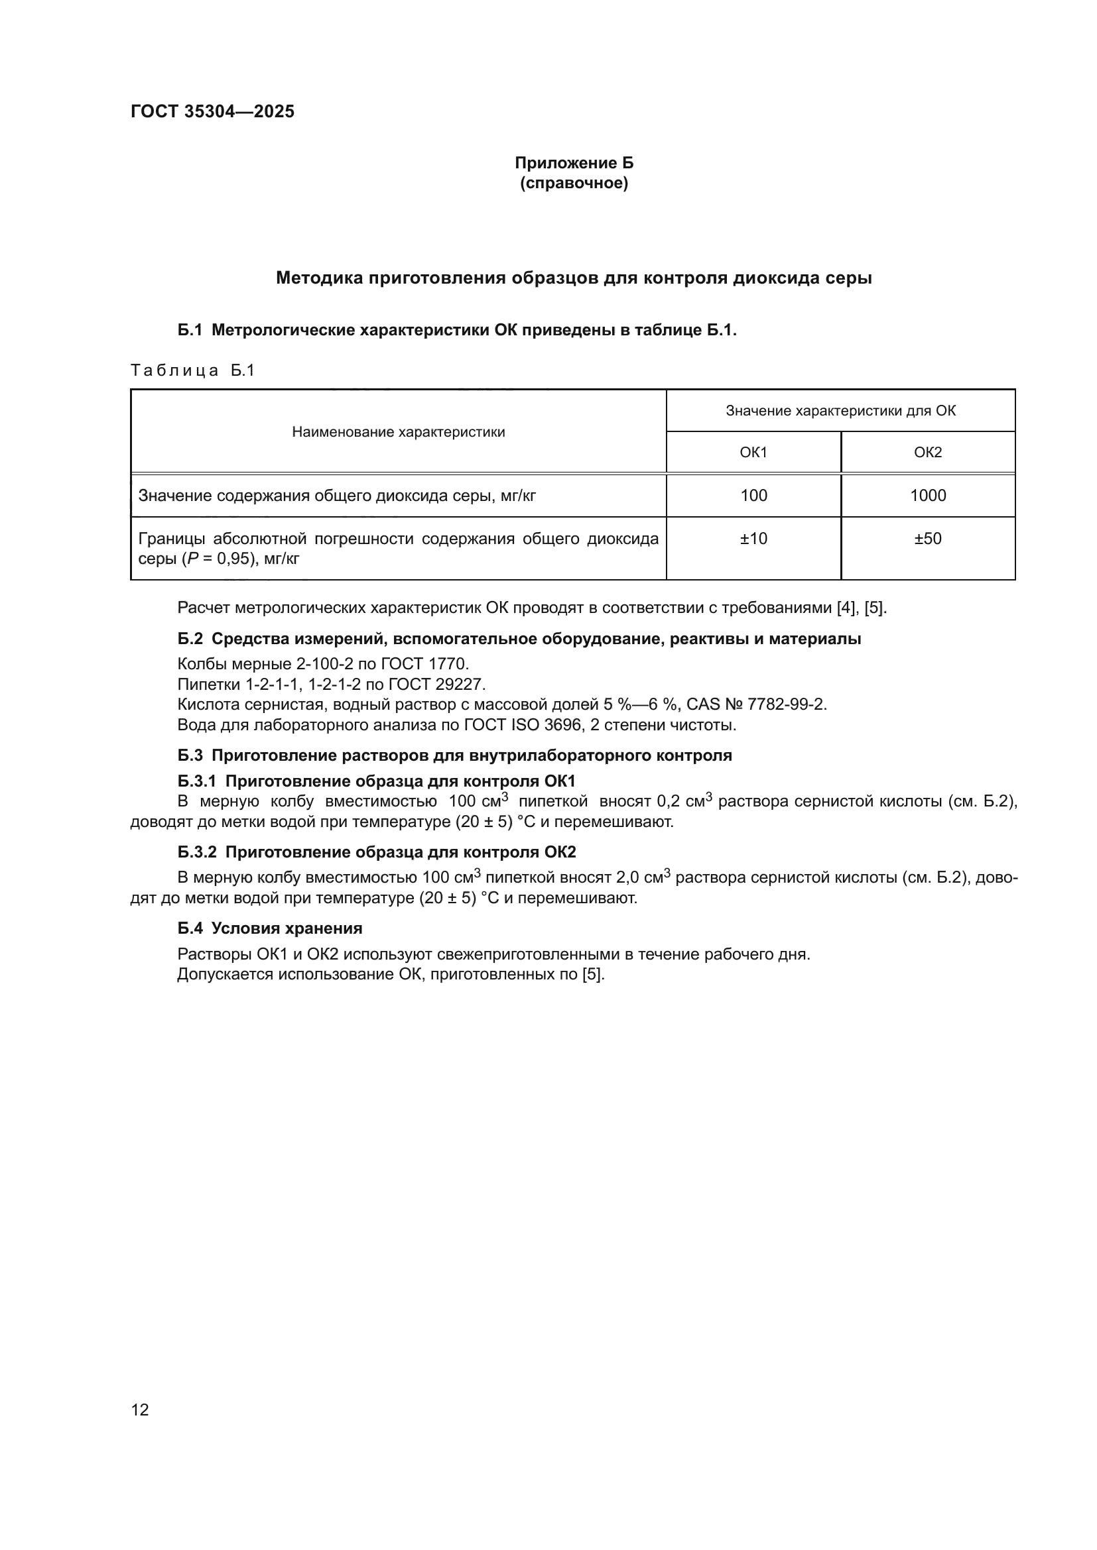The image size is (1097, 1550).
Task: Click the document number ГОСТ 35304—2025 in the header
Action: [212, 111]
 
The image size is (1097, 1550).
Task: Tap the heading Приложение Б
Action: [574, 163]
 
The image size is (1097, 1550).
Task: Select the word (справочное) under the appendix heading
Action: [574, 183]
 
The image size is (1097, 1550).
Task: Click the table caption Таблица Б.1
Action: [192, 370]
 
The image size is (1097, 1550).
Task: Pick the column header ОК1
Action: [753, 453]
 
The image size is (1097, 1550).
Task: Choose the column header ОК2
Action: [927, 453]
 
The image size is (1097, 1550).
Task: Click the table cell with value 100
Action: [753, 496]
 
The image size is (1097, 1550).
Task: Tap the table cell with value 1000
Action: [927, 496]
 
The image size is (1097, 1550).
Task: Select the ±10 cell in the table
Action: [753, 539]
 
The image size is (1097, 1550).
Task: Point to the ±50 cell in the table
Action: [927, 539]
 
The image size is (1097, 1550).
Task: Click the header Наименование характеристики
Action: [399, 432]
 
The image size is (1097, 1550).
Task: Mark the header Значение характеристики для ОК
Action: [840, 411]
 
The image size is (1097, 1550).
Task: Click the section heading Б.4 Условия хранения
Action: [270, 928]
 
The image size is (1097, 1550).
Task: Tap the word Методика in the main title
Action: [317, 278]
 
